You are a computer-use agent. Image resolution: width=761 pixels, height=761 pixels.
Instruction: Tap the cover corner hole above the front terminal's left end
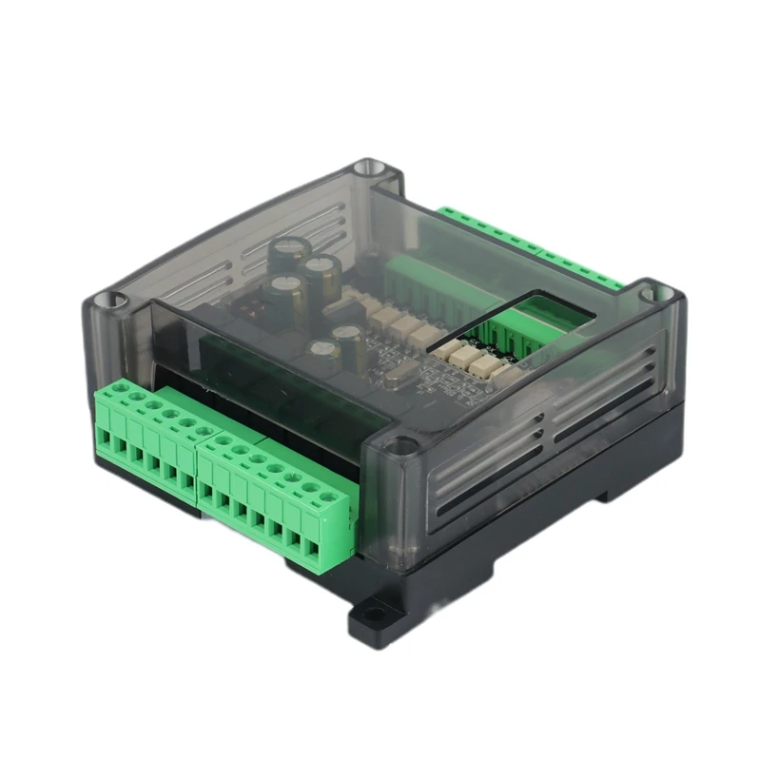coord(113,302)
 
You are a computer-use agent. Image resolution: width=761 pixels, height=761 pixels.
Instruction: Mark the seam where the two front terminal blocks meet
coord(198,466)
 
